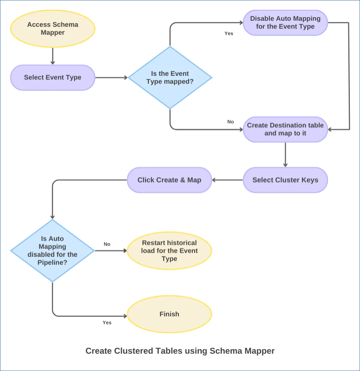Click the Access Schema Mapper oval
tap(52, 29)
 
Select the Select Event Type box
tap(52, 78)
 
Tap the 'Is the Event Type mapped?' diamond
tap(170, 78)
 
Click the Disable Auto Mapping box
tap(285, 23)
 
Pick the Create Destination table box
tap(285, 129)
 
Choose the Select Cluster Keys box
tap(285, 180)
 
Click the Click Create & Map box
tap(169, 180)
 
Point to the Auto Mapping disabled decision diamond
tap(52, 250)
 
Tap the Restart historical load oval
tap(169, 250)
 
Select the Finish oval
tap(169, 314)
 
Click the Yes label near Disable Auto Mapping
tap(229, 34)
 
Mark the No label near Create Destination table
tap(231, 122)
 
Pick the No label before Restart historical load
tap(107, 244)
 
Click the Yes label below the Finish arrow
tap(107, 323)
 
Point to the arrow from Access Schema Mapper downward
tap(52, 56)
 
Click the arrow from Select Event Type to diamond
tap(111, 78)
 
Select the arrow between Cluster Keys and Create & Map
tap(227, 180)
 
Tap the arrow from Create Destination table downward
tap(285, 154)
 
